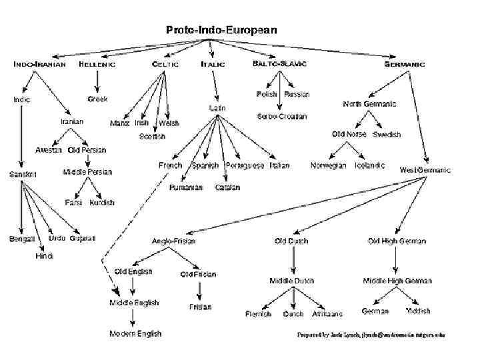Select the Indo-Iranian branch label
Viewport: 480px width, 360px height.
(x=40, y=64)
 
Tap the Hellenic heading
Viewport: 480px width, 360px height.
(x=97, y=64)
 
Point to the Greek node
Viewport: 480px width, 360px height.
(x=97, y=99)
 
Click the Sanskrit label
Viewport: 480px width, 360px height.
(x=23, y=174)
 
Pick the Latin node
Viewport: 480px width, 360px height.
(x=217, y=107)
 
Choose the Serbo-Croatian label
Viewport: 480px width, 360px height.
(x=282, y=117)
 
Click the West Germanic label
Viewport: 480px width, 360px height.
(x=425, y=170)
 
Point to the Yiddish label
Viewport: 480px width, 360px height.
(x=418, y=311)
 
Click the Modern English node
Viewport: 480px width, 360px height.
(x=135, y=333)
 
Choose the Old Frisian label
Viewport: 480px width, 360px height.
(x=198, y=274)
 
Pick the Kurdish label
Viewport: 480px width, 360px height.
(x=101, y=202)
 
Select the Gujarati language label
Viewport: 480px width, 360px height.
(x=83, y=238)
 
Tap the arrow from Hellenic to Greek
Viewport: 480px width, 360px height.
(x=97, y=81)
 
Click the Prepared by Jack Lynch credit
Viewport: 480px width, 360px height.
(x=371, y=335)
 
